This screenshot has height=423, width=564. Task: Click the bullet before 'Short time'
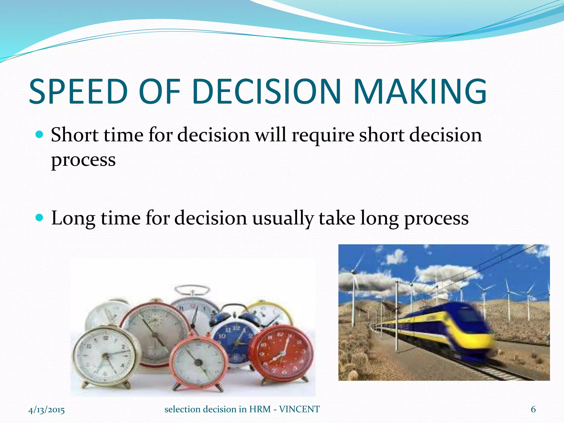coord(40,135)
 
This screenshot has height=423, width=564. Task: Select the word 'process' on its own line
coord(83,160)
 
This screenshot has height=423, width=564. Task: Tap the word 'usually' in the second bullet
coord(283,218)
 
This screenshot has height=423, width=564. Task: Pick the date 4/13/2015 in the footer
coord(47,410)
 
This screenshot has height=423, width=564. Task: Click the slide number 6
coord(533,410)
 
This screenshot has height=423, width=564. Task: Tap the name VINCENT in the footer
coord(299,410)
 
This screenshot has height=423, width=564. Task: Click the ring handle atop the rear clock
coord(192,290)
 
